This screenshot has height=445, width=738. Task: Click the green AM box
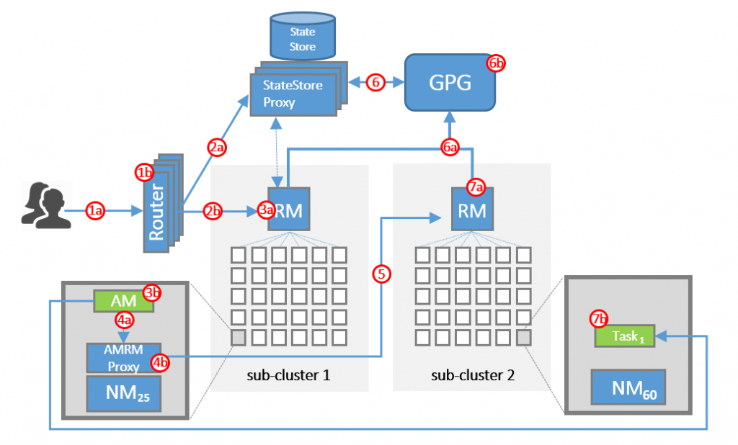click(124, 300)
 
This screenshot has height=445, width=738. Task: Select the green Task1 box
click(624, 336)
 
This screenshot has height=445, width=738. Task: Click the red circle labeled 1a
click(96, 210)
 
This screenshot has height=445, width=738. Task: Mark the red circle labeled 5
click(382, 274)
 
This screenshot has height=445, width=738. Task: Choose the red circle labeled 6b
click(497, 63)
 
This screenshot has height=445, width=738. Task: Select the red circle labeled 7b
click(599, 318)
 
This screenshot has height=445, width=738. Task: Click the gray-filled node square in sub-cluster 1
click(239, 336)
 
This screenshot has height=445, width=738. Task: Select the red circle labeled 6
click(375, 83)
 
